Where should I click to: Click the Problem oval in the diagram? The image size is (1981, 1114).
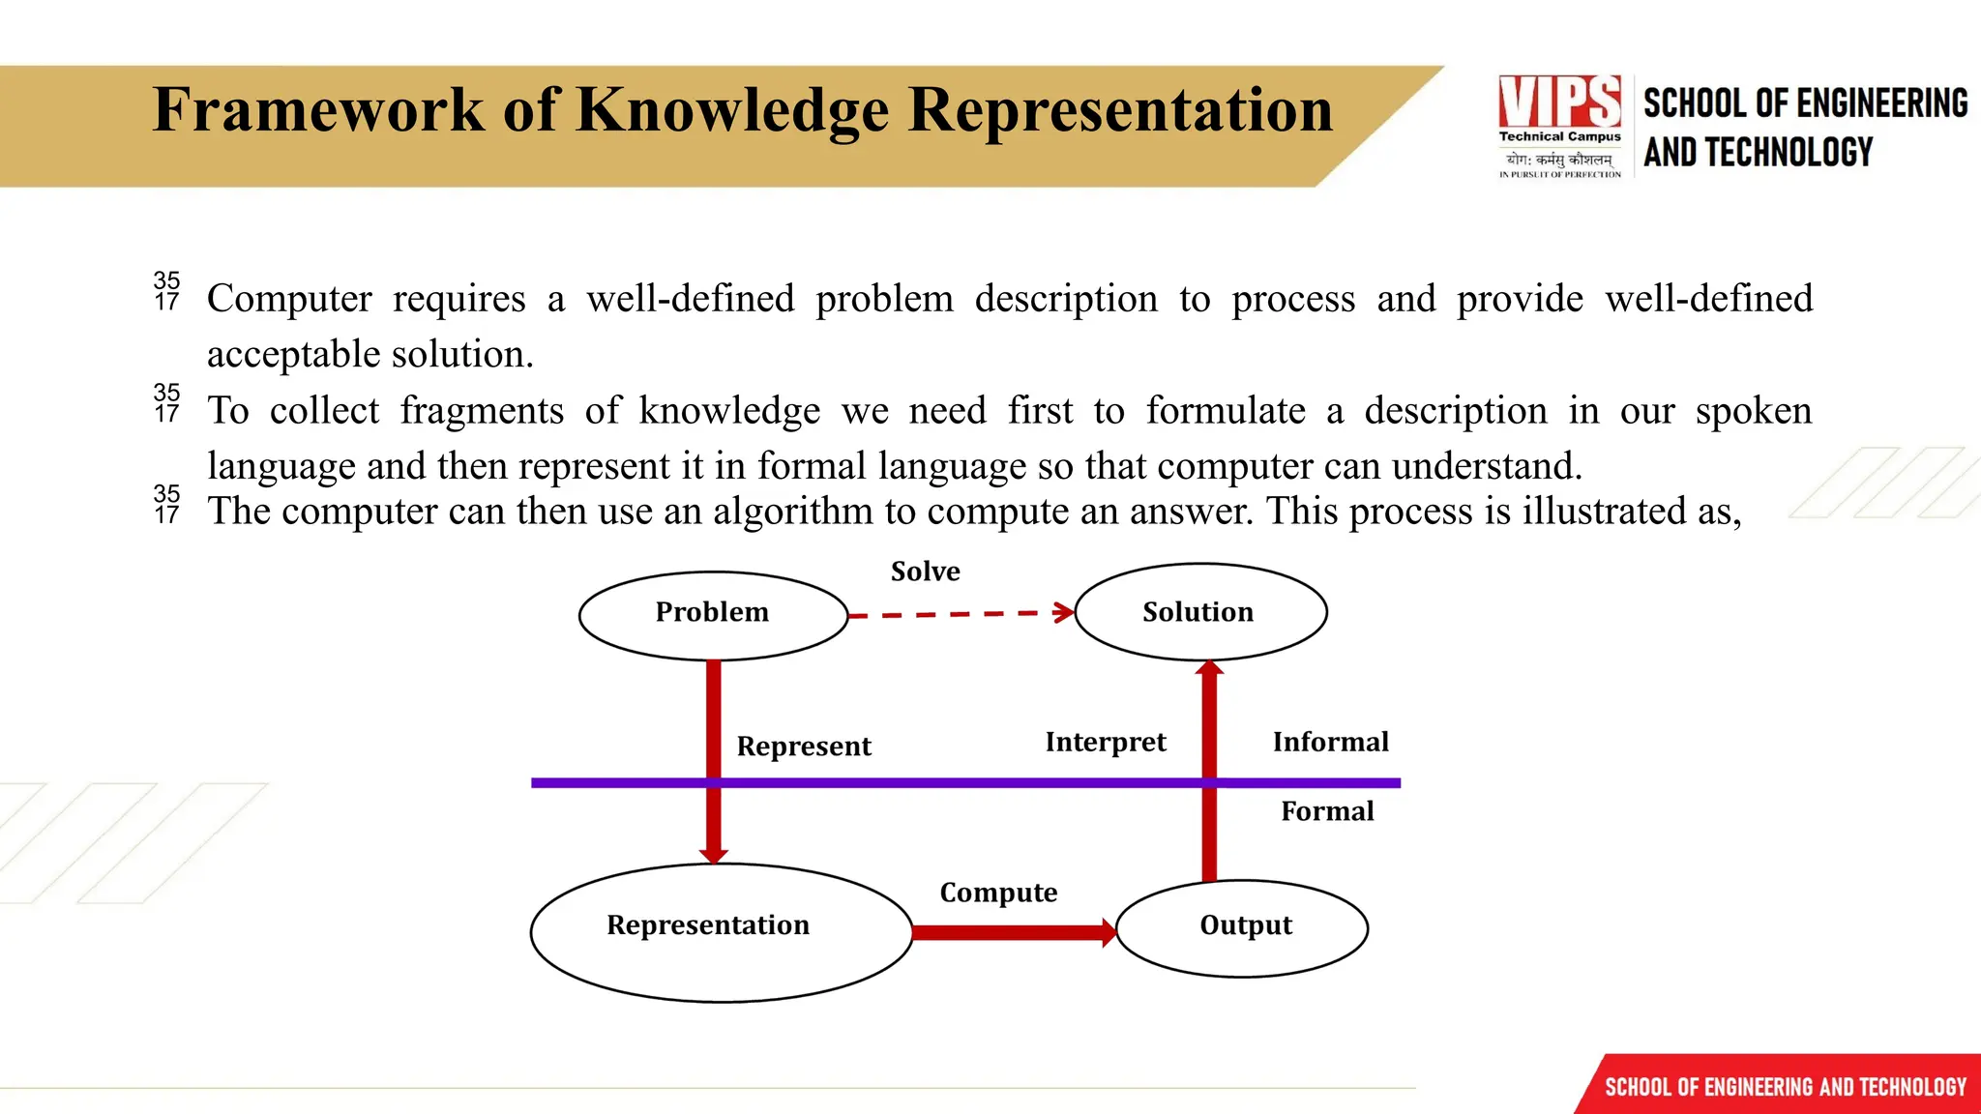coord(713,615)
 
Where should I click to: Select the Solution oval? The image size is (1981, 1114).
coord(1199,612)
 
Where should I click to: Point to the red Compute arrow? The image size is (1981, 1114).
coord(1012,932)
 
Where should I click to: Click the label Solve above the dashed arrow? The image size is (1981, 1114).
coord(925,572)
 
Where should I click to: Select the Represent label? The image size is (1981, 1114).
coord(804,747)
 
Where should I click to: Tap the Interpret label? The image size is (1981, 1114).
coord(1106,743)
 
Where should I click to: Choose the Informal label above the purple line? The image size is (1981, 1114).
coord(1330,742)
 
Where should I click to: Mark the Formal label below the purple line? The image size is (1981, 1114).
coord(1327,811)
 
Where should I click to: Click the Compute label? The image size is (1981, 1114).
coord(998,893)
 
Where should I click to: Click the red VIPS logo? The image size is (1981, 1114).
coord(1559,101)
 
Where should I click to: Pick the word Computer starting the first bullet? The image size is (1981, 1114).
coord(289,299)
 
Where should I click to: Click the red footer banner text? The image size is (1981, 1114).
coord(1785,1087)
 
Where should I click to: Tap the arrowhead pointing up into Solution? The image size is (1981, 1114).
coord(1209,668)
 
